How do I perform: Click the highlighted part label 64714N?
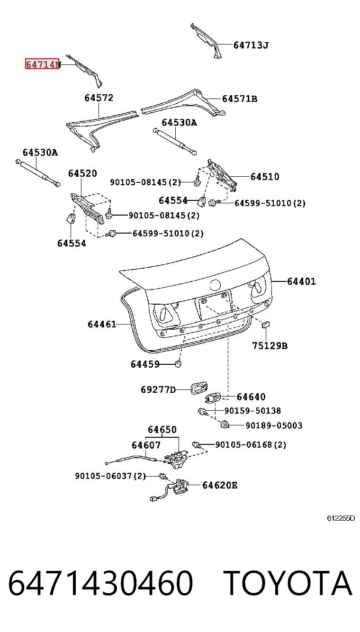(x=42, y=64)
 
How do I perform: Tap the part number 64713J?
(x=251, y=45)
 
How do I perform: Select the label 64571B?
(x=240, y=99)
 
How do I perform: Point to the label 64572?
(x=99, y=98)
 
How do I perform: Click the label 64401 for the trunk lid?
(x=301, y=281)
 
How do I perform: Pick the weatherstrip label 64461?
(x=102, y=324)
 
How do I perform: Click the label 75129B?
(x=270, y=346)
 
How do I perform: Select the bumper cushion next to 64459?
(x=178, y=364)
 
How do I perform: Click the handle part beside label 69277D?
(x=199, y=388)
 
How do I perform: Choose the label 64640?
(x=251, y=397)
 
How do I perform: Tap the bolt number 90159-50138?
(x=252, y=411)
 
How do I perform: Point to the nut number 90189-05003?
(x=274, y=425)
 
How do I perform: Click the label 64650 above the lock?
(x=162, y=430)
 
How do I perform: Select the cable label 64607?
(x=146, y=445)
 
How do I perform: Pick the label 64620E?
(x=220, y=485)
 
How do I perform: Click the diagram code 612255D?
(x=341, y=518)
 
